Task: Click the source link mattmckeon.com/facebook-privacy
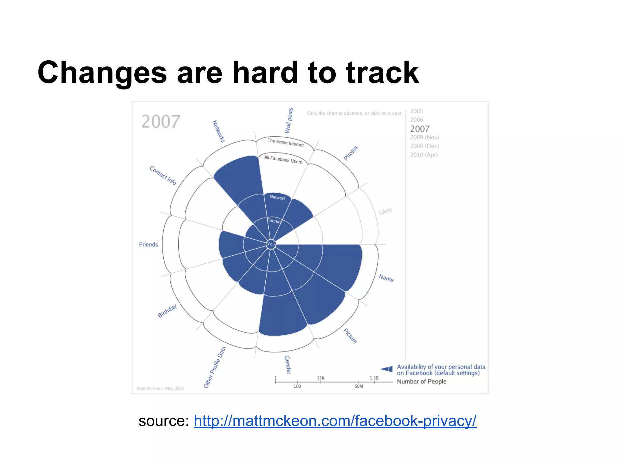click(335, 421)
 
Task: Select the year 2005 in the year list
click(416, 111)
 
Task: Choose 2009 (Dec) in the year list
click(424, 146)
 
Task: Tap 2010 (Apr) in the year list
click(424, 155)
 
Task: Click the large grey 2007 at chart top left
click(161, 122)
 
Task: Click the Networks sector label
click(218, 131)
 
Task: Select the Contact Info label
click(163, 175)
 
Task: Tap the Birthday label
click(167, 311)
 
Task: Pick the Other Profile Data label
click(215, 367)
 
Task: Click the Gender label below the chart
click(287, 365)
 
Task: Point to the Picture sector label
click(350, 336)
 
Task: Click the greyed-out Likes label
click(385, 211)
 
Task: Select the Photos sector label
click(351, 153)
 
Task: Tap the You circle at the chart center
click(271, 244)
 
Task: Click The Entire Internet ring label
click(285, 142)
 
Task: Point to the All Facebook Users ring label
click(283, 159)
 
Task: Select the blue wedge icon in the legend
click(387, 369)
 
